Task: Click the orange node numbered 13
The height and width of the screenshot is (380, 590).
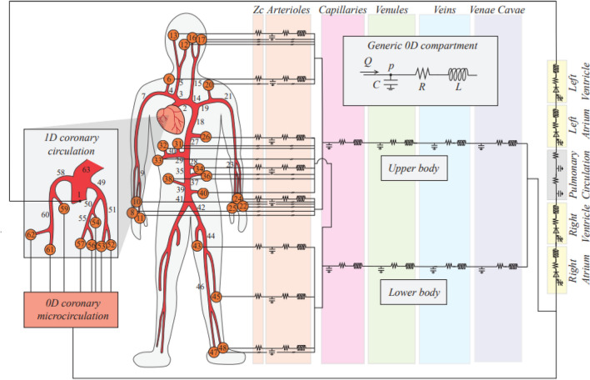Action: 173,35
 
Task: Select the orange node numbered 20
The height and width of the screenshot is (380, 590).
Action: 209,85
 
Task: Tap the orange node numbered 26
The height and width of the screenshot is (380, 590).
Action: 206,136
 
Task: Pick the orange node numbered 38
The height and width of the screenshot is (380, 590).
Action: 168,178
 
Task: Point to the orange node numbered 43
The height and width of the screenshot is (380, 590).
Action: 197,246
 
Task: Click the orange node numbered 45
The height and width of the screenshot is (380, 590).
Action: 217,296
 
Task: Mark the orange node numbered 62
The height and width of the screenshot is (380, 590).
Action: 30,235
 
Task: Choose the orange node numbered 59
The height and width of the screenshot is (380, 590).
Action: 64,208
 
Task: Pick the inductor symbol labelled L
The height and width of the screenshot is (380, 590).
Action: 457,74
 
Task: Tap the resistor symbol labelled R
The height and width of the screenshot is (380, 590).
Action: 422,74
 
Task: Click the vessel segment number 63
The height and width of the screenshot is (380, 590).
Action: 87,170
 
